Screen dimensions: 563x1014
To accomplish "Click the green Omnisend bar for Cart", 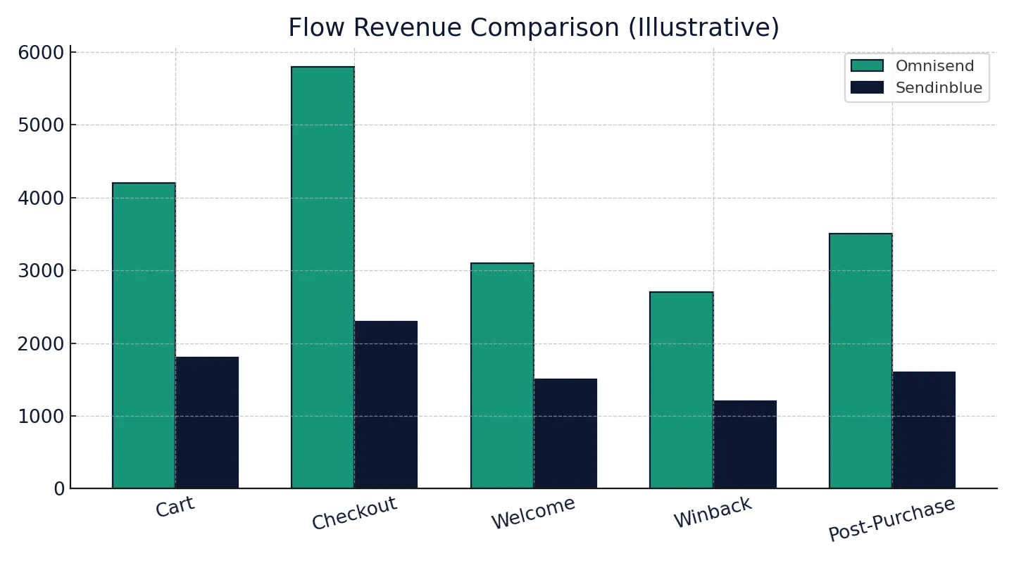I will pyautogui.click(x=144, y=336).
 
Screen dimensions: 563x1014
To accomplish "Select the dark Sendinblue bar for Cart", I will pyautogui.click(x=207, y=422).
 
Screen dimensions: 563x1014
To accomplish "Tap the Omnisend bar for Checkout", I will pyautogui.click(x=323, y=277).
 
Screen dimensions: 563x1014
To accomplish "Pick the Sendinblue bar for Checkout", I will pyautogui.click(x=386, y=405).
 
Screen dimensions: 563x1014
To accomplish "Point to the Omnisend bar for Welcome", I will pyautogui.click(x=502, y=376).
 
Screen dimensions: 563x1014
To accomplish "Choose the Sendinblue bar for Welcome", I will pyautogui.click(x=565, y=434).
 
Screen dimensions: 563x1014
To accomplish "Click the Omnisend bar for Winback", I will pyautogui.click(x=681, y=390).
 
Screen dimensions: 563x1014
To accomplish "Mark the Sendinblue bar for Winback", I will pyautogui.click(x=744, y=444).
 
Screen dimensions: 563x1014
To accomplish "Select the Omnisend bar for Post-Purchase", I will pyautogui.click(x=860, y=361).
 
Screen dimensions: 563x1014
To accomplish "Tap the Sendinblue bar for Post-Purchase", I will pyautogui.click(x=924, y=430).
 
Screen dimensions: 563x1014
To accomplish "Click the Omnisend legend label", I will pyautogui.click(x=934, y=66).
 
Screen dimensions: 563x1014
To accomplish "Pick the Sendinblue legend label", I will pyautogui.click(x=939, y=88).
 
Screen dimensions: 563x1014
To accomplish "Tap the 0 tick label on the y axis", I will pyautogui.click(x=59, y=489).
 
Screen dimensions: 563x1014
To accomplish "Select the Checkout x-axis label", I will pyautogui.click(x=354, y=513).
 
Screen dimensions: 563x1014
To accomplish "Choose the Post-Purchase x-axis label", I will pyautogui.click(x=891, y=519).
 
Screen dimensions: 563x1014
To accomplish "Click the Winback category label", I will pyautogui.click(x=713, y=512).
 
